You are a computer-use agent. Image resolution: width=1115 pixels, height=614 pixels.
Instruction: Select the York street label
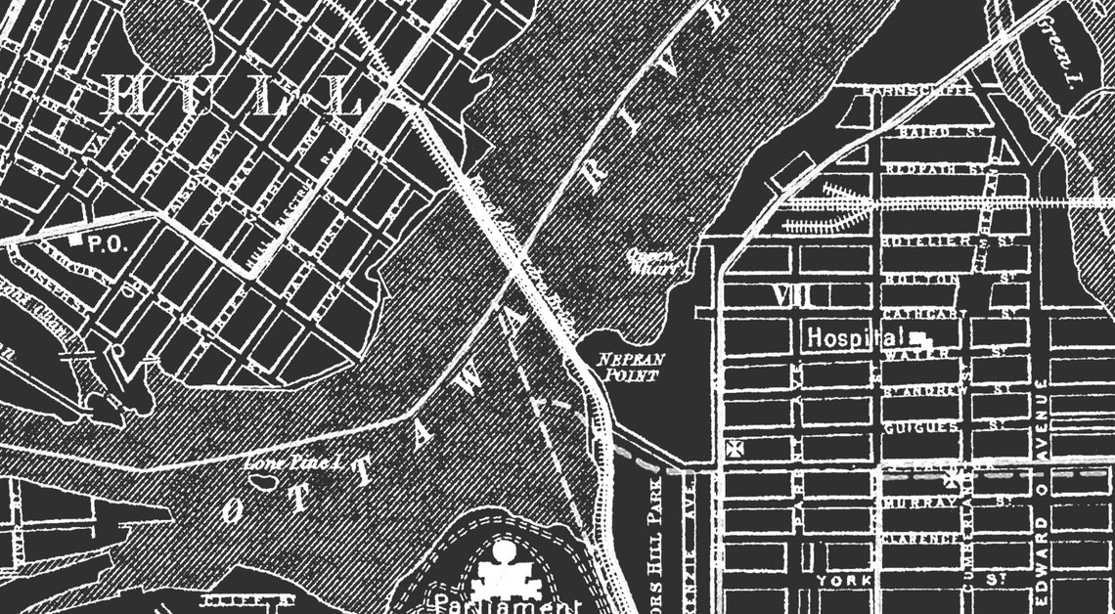[x=839, y=582]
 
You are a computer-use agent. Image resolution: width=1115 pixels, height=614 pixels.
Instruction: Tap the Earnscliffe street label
[x=914, y=91]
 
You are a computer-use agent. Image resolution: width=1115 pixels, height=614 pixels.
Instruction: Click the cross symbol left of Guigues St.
[x=732, y=449]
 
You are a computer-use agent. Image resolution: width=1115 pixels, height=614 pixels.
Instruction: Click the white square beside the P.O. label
[x=75, y=239]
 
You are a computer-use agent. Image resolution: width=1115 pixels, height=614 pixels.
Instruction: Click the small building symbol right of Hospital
[x=921, y=339]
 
